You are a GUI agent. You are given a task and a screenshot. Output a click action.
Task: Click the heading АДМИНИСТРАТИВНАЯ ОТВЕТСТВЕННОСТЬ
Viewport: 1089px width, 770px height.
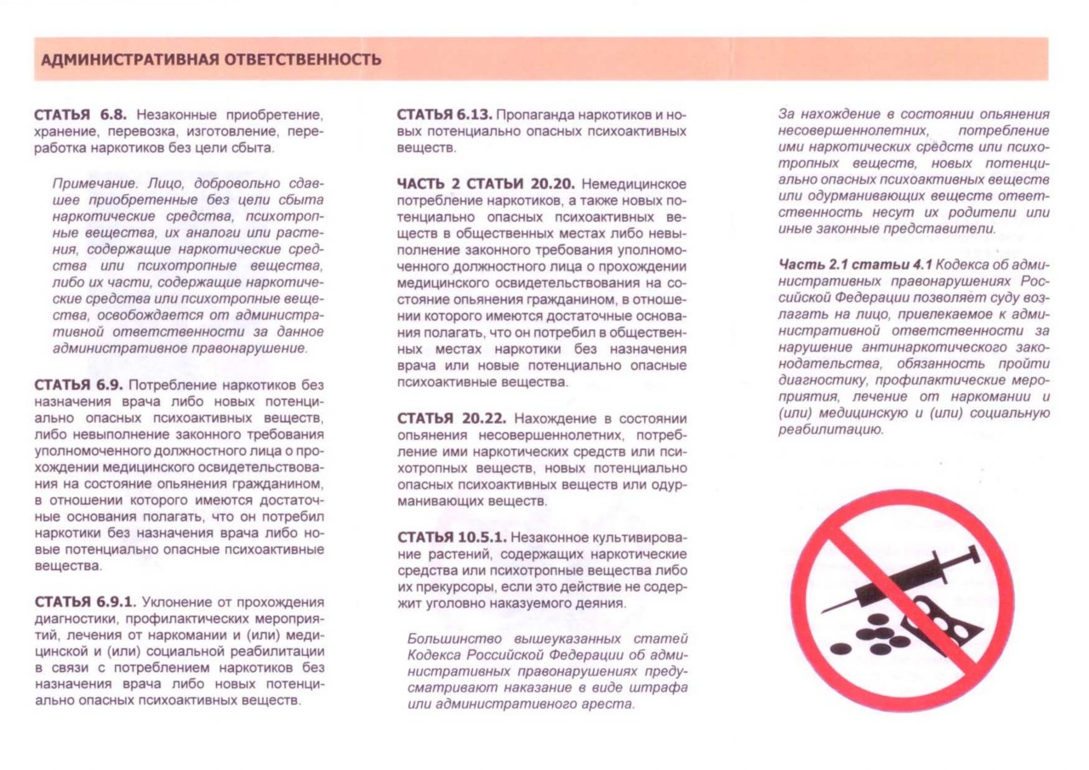click(211, 60)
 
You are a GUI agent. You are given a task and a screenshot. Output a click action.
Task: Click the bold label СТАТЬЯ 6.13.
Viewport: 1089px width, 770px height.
click(445, 114)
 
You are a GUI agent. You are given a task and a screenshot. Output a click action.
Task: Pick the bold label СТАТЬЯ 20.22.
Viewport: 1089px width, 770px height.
click(453, 418)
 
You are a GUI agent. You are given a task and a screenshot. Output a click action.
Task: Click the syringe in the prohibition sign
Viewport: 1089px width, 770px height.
click(902, 583)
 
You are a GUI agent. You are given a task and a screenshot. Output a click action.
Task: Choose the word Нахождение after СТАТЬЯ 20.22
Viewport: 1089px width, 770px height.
click(553, 418)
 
